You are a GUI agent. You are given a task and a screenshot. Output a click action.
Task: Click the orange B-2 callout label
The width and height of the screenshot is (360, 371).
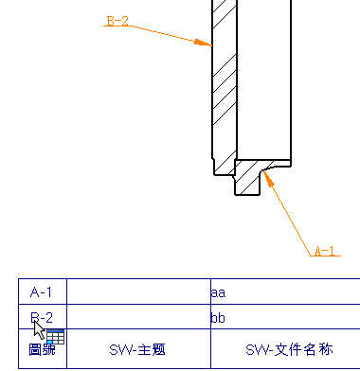(x=117, y=21)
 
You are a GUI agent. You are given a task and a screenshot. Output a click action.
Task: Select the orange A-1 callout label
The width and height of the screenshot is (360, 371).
(x=325, y=251)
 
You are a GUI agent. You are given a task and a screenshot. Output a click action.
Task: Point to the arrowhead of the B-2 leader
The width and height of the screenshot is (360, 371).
(x=207, y=43)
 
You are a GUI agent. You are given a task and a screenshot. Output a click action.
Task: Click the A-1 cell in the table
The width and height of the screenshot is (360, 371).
(x=42, y=292)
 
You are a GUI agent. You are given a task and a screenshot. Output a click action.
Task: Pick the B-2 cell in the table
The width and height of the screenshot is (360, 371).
(x=42, y=317)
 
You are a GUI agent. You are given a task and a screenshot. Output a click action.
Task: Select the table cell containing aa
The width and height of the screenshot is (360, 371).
(x=284, y=292)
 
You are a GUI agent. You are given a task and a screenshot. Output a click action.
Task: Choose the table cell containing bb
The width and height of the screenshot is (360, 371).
(x=284, y=317)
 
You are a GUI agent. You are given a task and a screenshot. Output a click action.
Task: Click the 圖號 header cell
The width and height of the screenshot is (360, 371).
(x=42, y=349)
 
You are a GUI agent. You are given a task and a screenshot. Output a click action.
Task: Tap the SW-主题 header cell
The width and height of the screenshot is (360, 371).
(x=137, y=349)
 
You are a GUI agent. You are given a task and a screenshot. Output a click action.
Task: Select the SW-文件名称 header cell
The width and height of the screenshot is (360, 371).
(x=284, y=349)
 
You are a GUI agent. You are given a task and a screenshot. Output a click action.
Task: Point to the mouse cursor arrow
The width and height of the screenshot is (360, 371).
(x=38, y=327)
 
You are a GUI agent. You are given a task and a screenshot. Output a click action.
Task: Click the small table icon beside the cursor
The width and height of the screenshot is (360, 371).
(x=54, y=337)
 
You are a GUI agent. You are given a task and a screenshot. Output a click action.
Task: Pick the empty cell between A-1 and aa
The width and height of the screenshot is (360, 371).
(x=137, y=292)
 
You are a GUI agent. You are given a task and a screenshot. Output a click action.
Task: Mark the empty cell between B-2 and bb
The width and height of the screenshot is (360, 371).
(x=137, y=317)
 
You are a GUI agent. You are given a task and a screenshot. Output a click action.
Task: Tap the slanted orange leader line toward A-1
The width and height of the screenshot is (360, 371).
(x=290, y=217)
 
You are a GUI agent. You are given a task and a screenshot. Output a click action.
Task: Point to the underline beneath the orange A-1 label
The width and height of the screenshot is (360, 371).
(x=325, y=256)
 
